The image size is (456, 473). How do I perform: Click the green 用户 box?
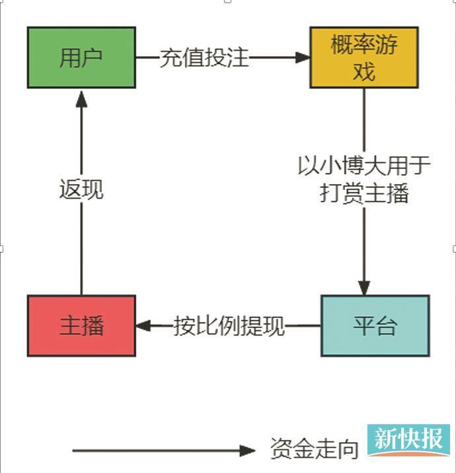point(81,57)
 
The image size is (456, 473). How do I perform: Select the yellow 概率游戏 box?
point(364,57)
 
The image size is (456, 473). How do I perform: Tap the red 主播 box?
point(81,326)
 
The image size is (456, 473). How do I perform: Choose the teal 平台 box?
point(375,326)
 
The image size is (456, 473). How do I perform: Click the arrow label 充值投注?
point(204,57)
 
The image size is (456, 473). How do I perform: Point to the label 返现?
point(81,190)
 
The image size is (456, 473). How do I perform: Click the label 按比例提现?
point(229,326)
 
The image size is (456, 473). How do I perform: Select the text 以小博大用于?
point(364,166)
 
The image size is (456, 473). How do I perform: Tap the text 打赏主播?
point(364,193)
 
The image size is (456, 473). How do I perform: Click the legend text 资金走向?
point(314,449)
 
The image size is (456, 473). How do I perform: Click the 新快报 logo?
point(408,440)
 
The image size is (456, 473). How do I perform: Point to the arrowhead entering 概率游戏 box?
point(303,57)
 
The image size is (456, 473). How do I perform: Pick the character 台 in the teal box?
point(386,326)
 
